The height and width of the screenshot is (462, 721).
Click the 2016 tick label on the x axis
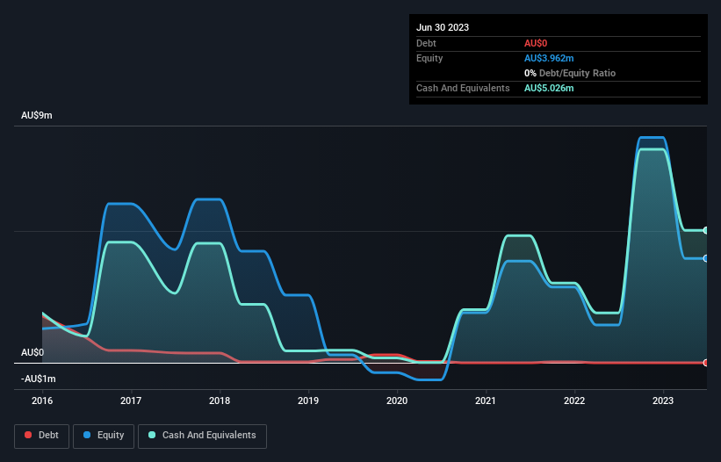coord(42,401)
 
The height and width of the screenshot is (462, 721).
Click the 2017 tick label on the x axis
coord(131,401)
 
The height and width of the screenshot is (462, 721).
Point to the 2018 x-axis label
coord(220,401)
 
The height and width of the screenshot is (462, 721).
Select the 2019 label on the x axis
coord(308,401)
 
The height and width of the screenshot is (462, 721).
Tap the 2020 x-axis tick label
coord(397,401)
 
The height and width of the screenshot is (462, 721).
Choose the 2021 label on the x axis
coord(486,401)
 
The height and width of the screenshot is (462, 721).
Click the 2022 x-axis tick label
coord(574,401)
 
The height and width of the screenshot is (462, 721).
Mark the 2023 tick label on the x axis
coord(663,401)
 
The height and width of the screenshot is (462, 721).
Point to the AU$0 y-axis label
coord(32,352)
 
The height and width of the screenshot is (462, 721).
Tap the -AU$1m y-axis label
coord(40,379)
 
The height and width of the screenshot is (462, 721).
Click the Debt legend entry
coord(38,435)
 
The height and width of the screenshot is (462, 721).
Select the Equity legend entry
coord(104,435)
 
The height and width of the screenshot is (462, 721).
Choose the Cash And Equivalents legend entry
coord(202,435)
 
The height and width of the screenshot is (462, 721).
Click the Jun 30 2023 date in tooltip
coord(443,27)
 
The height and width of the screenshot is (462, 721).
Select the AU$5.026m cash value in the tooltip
coord(550,88)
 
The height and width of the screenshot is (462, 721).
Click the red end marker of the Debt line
coord(706,363)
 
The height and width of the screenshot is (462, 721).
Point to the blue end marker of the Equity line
coord(706,258)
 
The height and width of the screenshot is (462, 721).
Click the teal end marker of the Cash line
coord(706,230)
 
